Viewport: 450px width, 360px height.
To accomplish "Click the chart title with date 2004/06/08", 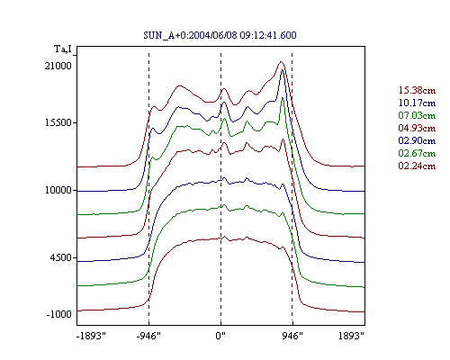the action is tap(220, 35).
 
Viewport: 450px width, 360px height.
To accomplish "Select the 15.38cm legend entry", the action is tap(417, 90).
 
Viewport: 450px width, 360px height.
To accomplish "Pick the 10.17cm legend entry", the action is tap(417, 103).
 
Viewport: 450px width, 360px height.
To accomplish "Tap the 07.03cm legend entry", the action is tap(417, 115).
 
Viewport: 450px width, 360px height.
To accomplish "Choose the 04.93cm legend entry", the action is tap(417, 128).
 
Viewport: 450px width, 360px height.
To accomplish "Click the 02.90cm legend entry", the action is tap(417, 140).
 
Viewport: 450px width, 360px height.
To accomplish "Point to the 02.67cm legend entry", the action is tap(417, 153).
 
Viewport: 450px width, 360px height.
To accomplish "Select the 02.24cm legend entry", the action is tap(417, 166).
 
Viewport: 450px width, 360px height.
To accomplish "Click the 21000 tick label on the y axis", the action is tap(58, 66).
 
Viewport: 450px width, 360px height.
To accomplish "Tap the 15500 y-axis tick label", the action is tap(58, 122).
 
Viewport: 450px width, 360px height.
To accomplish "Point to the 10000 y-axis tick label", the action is tap(58, 190).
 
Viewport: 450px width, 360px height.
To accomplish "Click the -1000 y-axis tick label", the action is tap(59, 314).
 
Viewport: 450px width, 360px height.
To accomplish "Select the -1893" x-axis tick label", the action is tap(91, 336).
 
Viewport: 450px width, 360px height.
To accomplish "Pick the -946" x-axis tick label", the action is tap(148, 336).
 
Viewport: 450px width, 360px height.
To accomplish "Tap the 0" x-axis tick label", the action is tap(220, 336).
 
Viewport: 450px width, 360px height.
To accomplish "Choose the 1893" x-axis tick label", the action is tap(351, 336).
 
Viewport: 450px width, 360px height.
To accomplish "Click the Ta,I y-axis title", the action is tap(63, 49).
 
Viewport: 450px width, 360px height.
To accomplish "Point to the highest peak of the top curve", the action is tap(281, 61).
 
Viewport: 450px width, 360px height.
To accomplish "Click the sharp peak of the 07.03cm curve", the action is tap(283, 98).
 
